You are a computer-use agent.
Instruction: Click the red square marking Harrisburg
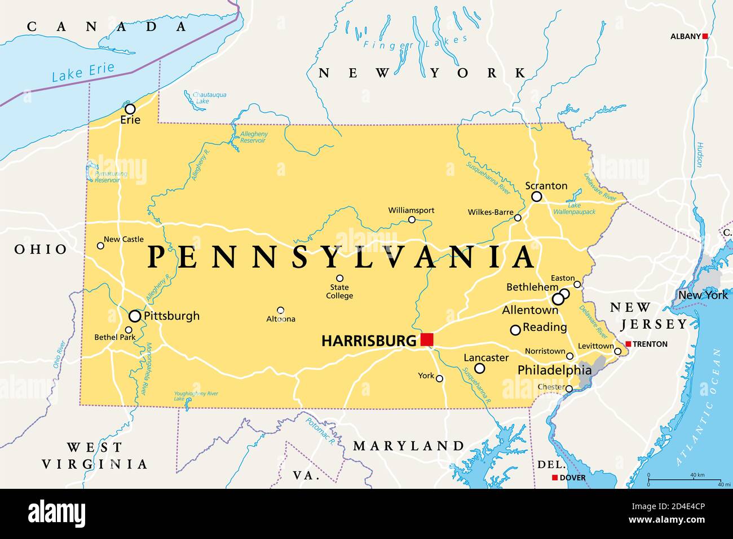[x=427, y=339]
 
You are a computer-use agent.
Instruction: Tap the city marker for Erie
[x=130, y=109]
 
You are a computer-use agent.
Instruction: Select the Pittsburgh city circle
[x=135, y=316]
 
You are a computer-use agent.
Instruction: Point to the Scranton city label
[x=546, y=185]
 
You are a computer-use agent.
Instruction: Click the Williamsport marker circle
[x=412, y=219]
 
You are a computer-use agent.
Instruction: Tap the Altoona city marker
[x=280, y=310]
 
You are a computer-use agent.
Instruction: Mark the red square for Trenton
[x=628, y=344]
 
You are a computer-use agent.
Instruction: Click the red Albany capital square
[x=705, y=37]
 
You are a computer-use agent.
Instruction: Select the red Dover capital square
[x=554, y=478]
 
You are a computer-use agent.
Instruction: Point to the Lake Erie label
[x=83, y=72]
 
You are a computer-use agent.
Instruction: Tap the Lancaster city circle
[x=479, y=368]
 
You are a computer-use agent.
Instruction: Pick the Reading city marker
[x=515, y=330]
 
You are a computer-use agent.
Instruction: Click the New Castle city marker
[x=100, y=245]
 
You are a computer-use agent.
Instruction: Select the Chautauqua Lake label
[x=209, y=98]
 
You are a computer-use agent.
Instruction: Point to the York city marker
[x=439, y=378]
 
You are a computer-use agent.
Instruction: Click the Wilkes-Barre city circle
[x=518, y=218]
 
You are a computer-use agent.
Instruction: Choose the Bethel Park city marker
[x=129, y=330]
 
